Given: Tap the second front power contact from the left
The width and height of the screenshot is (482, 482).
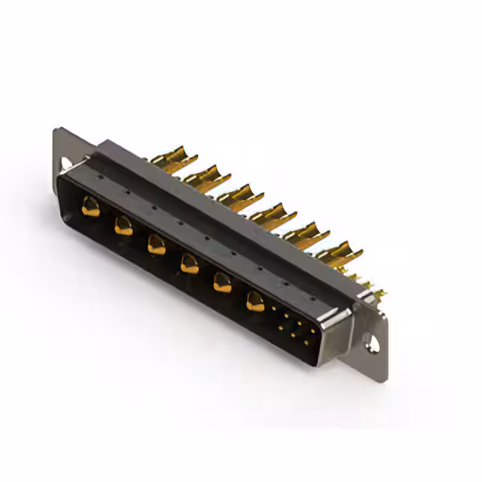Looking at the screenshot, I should coord(123,224).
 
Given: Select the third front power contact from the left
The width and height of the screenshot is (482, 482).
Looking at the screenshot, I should coord(156,243).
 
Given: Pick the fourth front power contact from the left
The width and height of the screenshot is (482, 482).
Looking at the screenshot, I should coord(189,263).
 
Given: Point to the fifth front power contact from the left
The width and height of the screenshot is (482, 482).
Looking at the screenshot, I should coord(222,282).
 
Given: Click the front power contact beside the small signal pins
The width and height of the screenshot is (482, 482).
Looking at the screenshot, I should coord(255,301).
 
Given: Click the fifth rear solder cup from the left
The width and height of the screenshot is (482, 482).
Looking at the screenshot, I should coord(305,232).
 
